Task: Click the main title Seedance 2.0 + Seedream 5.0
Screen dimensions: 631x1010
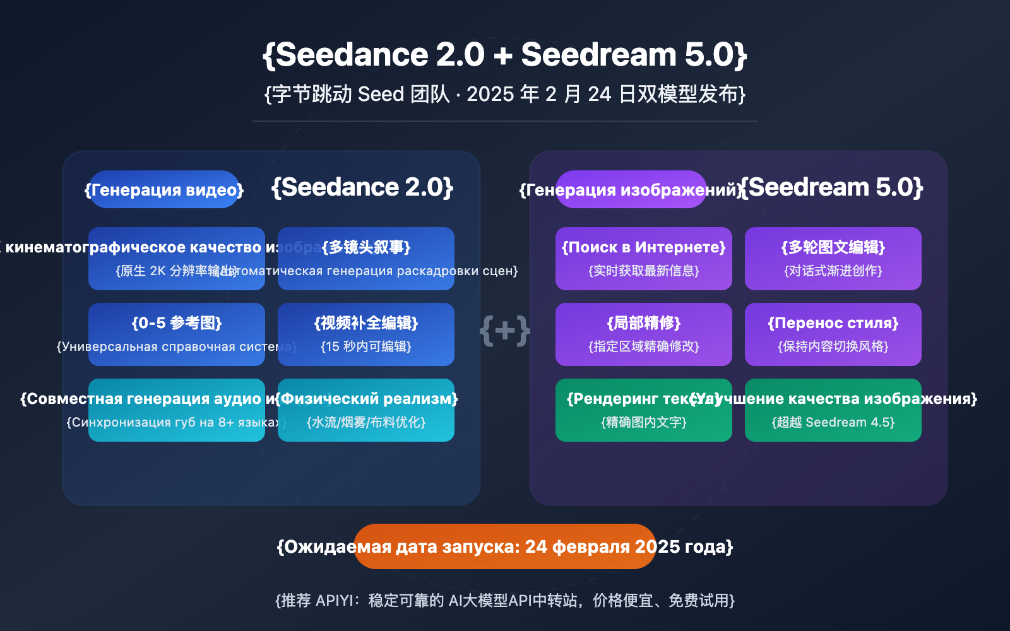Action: [505, 54]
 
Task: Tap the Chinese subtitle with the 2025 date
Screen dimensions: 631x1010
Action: [505, 94]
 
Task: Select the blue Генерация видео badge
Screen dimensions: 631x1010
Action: [164, 189]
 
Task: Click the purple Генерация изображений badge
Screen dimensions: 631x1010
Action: [631, 189]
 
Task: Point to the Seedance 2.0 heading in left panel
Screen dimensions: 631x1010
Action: [362, 187]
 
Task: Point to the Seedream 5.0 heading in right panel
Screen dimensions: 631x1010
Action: [831, 187]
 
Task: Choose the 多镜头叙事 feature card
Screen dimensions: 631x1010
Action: [366, 258]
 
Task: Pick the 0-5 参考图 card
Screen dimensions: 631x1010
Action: [177, 334]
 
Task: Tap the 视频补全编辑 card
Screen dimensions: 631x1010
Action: [366, 334]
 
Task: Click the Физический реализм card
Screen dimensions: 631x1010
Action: [366, 410]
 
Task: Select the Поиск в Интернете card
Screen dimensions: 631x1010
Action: [644, 258]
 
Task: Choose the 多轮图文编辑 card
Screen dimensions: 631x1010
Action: [833, 258]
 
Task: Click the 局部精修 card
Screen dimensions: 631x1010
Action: [644, 334]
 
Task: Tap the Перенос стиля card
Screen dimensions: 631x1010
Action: [833, 334]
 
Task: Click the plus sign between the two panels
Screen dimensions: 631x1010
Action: [505, 330]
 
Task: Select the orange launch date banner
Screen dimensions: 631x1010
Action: [505, 546]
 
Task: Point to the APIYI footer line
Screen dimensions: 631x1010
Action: [505, 600]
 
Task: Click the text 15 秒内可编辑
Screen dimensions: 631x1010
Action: [366, 346]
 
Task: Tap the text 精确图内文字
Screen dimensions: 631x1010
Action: [644, 422]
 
